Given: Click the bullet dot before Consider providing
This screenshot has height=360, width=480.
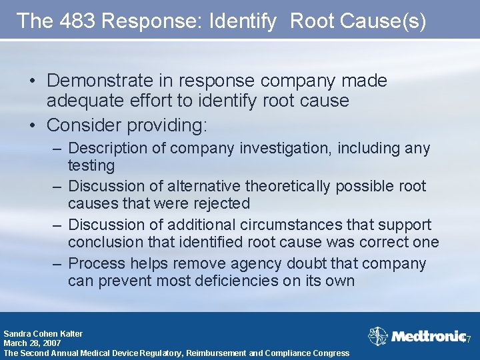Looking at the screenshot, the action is [x=33, y=125].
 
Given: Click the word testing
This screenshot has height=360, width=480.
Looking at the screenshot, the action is [x=91, y=165].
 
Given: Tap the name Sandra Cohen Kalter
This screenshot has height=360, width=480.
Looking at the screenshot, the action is [x=43, y=333].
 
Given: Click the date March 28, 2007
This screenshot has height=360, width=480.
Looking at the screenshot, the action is [x=32, y=343].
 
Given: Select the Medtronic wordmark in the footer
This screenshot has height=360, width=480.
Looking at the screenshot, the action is [x=426, y=336].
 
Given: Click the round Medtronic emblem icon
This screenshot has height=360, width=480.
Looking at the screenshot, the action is [x=378, y=336].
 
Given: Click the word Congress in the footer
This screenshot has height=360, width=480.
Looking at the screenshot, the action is [x=329, y=353].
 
